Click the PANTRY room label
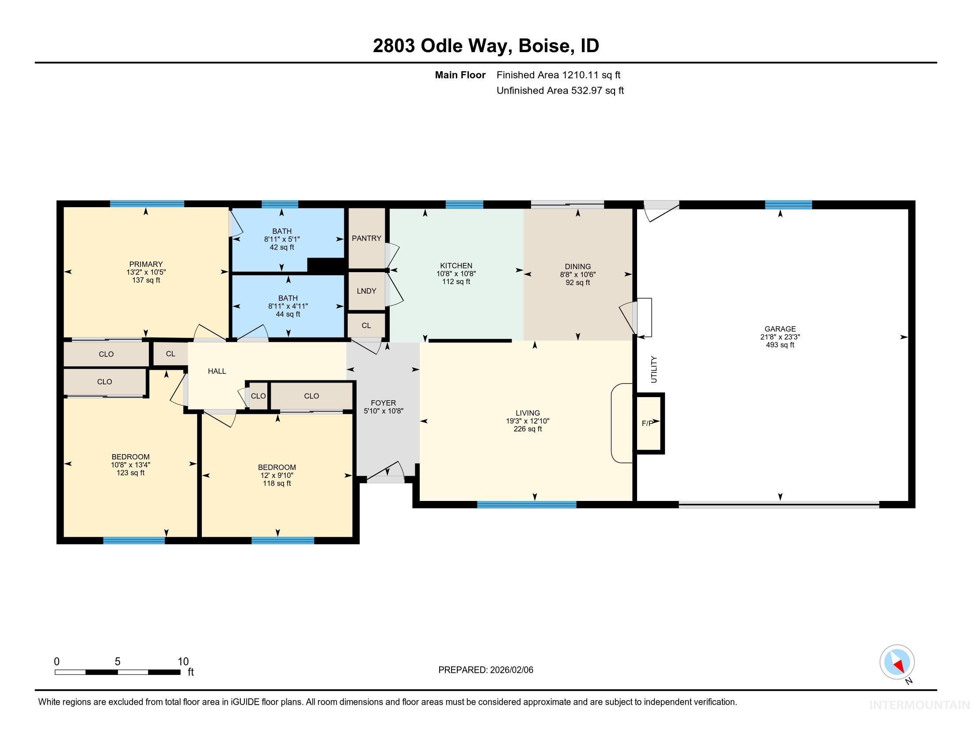click(x=366, y=238)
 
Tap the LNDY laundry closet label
click(x=366, y=291)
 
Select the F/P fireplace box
click(x=649, y=423)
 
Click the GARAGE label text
click(x=780, y=329)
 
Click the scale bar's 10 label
click(x=183, y=662)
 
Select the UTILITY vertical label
click(x=654, y=369)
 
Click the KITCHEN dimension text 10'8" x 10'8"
click(x=456, y=274)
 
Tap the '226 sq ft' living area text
click(x=528, y=429)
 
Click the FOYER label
click(x=383, y=403)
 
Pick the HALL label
click(x=217, y=371)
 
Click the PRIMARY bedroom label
click(x=146, y=264)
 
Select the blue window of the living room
click(x=527, y=504)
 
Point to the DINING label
click(x=577, y=266)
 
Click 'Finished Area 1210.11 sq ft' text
click(x=558, y=75)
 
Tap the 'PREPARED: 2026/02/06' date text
click(x=486, y=670)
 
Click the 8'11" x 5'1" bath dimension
click(x=282, y=239)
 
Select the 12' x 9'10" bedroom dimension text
click(x=277, y=475)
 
